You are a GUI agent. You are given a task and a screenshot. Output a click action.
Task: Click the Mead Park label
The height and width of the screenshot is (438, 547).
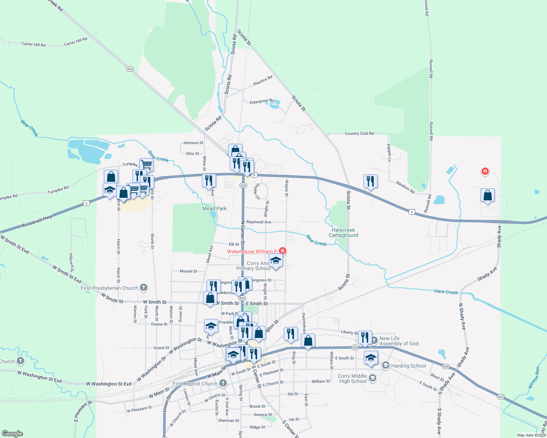point(214,208)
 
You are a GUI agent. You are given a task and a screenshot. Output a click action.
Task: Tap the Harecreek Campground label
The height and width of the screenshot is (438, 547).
point(343,233)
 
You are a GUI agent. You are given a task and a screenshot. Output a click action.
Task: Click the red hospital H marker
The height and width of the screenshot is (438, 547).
point(485,171)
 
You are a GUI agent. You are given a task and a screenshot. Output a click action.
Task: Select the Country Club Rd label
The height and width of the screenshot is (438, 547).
point(359,134)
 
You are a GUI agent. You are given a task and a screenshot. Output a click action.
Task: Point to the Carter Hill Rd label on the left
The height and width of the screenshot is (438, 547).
point(33,44)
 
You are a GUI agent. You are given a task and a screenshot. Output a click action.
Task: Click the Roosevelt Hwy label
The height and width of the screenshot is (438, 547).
point(37,221)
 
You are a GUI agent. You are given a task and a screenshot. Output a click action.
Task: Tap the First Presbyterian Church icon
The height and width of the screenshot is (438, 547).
point(144,288)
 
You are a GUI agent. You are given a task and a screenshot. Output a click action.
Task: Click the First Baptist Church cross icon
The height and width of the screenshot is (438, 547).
point(223,383)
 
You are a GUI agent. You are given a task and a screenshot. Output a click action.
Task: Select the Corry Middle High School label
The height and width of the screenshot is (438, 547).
point(352,379)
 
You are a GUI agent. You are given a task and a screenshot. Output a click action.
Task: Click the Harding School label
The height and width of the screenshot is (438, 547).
point(408,366)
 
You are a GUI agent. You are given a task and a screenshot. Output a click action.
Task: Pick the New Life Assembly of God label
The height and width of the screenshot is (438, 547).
point(399,341)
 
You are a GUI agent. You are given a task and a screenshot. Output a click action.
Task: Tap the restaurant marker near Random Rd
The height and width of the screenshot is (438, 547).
point(370,181)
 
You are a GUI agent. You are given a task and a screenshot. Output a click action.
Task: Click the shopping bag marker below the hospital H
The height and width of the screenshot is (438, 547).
point(487,196)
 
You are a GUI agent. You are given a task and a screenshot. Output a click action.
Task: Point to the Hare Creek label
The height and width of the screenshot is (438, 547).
point(446,292)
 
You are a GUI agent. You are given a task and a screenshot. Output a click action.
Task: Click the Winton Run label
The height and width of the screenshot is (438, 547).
point(534,377)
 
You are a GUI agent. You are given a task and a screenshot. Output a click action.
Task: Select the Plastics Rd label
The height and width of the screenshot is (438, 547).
point(263,81)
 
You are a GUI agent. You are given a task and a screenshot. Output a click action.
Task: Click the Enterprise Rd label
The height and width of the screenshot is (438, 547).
point(261,101)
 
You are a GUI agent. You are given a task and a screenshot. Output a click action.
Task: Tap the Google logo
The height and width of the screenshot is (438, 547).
point(12,434)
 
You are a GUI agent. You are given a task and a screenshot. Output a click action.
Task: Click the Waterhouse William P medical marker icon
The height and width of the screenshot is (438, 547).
point(282,251)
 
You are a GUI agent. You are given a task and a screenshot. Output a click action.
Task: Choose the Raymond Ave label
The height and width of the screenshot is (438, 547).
point(259,222)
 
